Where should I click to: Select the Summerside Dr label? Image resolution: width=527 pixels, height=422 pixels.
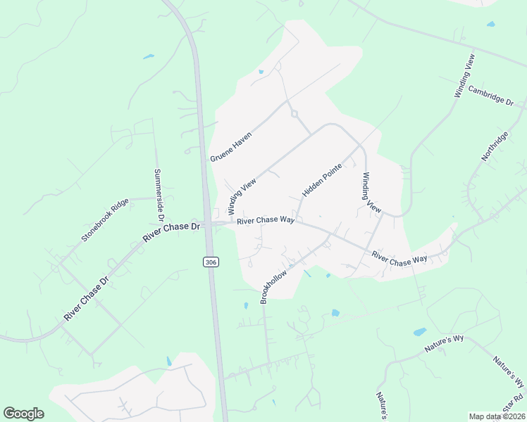tap(159, 191)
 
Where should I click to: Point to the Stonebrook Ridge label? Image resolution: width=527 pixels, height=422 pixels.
tap(105, 220)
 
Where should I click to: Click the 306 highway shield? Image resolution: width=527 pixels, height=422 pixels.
tap(210, 262)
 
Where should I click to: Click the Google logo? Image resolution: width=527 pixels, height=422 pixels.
tap(23, 414)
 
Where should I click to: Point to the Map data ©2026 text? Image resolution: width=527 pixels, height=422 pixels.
tap(497, 416)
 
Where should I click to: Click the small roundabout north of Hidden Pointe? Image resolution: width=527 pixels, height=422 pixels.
tap(294, 114)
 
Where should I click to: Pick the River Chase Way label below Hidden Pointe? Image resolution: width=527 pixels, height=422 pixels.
tap(266, 220)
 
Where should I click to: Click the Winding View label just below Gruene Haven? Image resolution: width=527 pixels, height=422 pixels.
tap(242, 196)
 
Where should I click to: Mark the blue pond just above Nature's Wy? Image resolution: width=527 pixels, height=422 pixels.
tap(419, 331)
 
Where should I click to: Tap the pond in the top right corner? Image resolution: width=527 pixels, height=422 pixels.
tap(490, 24)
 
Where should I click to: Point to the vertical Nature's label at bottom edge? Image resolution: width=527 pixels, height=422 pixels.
tap(380, 402)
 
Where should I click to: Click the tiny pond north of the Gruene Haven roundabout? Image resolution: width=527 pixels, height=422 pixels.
tap(261, 71)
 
